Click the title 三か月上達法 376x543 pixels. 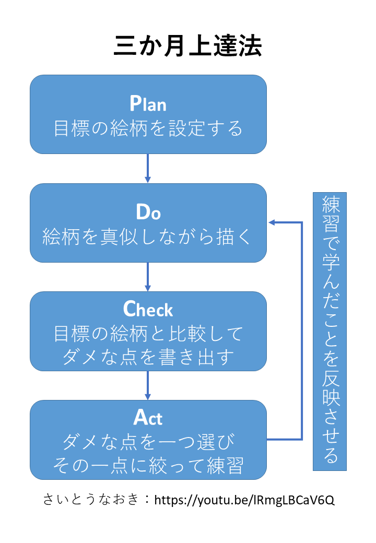(x=187, y=46)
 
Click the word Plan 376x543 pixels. (x=148, y=103)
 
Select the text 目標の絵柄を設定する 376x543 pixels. (x=148, y=128)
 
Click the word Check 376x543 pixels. (x=148, y=309)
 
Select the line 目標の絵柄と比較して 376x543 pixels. (x=148, y=334)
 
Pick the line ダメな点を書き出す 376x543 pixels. (x=148, y=357)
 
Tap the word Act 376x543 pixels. (x=148, y=417)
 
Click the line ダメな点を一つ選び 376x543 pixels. (x=148, y=442)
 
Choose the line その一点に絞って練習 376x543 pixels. (x=148, y=465)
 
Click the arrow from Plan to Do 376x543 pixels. (x=148, y=168)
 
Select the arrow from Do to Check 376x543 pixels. (x=148, y=277)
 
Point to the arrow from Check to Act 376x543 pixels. (x=148, y=385)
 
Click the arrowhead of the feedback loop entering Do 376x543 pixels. (x=272, y=222)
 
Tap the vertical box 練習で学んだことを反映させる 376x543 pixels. (x=330, y=332)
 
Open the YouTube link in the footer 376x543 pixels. (x=244, y=500)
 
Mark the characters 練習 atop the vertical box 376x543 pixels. (x=330, y=215)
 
